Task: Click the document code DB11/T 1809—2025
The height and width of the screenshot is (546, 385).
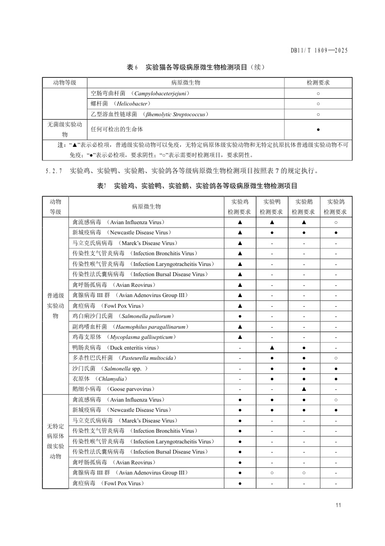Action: coord(319,50)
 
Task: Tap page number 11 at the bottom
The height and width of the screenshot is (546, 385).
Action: coord(338,505)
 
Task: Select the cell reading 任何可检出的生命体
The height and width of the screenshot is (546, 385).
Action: coord(117,129)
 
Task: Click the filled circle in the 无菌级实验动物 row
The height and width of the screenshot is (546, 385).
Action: coord(318,129)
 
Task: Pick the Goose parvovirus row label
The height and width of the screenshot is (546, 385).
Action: coord(113,389)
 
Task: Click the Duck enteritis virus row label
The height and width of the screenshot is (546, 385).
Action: coord(116,348)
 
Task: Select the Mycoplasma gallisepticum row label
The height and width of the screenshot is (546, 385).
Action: coord(124,337)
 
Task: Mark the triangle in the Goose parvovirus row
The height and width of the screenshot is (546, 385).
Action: coord(304,389)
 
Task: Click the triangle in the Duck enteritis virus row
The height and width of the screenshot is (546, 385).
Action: coord(272,348)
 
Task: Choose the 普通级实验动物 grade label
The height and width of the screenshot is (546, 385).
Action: coord(55,306)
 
